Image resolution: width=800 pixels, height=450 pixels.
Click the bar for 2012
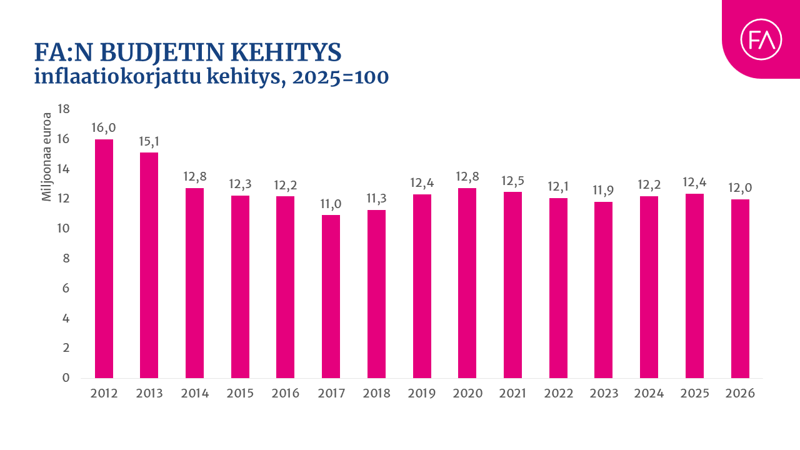pos(104,259)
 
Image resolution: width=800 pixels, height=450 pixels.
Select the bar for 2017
pos(331,296)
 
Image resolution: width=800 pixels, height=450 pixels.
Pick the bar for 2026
pos(740,289)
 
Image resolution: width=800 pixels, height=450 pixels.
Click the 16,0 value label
pos(104,128)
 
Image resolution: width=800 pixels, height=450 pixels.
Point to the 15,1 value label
pos(149,141)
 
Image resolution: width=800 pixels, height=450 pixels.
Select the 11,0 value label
pos(331,204)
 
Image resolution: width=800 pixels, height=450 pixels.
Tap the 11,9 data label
pos(604,191)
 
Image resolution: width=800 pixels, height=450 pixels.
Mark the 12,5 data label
pos(513,181)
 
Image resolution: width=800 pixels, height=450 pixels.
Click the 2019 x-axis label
pos(422,394)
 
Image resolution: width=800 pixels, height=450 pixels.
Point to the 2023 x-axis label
pos(604,394)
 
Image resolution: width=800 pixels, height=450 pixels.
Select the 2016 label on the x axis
pos(286,394)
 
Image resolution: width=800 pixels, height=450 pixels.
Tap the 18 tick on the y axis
pos(63,109)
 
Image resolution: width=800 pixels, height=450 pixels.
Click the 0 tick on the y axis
pos(66,378)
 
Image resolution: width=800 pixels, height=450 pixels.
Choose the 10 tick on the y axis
pos(63,229)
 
